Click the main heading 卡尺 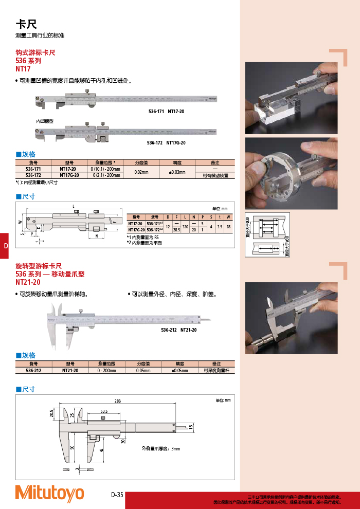click(26, 24)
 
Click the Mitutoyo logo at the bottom click(49, 493)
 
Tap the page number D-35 click(117, 495)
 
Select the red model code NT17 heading click(24, 68)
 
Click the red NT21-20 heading click(28, 282)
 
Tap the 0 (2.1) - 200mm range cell click(106, 175)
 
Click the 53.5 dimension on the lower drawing click(104, 412)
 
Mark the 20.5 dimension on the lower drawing click(52, 414)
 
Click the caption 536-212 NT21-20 click(178, 330)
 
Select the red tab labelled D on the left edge click(5, 246)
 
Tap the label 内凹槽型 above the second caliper click(45, 121)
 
